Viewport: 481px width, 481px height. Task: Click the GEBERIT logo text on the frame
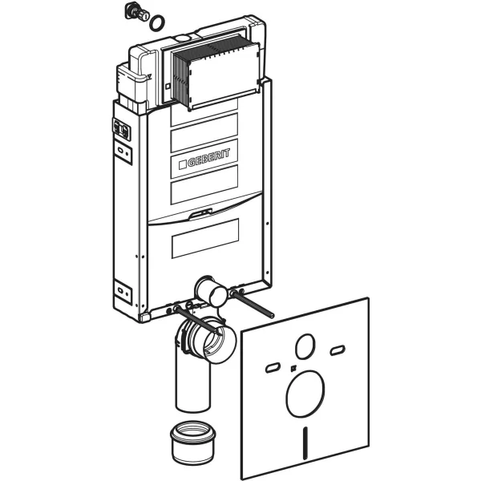coord(208,158)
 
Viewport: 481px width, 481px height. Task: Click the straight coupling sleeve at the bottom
coord(193,442)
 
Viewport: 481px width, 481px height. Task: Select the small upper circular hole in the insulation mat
coord(305,346)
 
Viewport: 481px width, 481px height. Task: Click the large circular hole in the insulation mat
coord(305,394)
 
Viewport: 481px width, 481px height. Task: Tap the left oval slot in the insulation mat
coord(273,367)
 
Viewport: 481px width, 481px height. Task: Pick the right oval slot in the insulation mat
coord(338,350)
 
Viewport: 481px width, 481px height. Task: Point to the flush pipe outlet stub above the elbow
coord(211,290)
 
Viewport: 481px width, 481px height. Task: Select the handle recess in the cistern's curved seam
coord(200,214)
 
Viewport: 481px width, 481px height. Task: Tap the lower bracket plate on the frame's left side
coord(123,292)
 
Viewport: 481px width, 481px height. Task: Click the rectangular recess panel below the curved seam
coord(205,238)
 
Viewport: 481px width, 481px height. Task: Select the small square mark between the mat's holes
coord(293,367)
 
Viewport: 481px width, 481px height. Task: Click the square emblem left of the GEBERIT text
coord(182,164)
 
